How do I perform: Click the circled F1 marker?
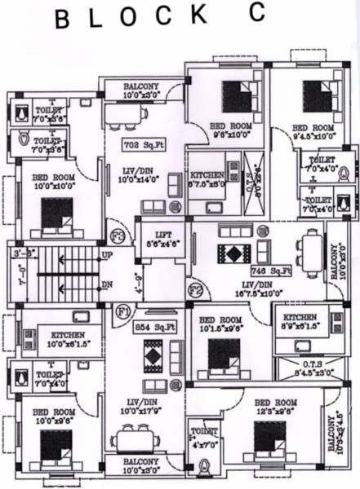[x=122, y=311]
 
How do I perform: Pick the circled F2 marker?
[x=195, y=288]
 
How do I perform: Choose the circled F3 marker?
[x=118, y=237]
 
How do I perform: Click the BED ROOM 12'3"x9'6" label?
[x=275, y=407]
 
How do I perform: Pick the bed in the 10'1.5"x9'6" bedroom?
[x=219, y=354]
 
